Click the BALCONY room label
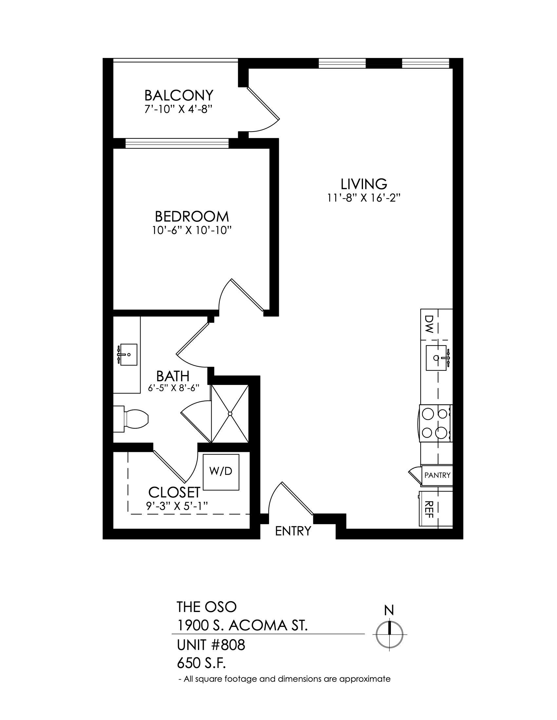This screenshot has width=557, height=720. point(179,96)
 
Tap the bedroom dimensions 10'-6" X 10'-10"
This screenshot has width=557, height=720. point(190,230)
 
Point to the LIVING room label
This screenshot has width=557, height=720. point(364,184)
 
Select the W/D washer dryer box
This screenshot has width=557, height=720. point(221,472)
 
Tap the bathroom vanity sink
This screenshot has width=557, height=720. point(128,355)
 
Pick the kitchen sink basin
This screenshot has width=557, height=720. point(436,358)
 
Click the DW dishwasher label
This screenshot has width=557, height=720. point(429,324)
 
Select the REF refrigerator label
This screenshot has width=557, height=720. point(429,509)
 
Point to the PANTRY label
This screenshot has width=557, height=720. point(437,475)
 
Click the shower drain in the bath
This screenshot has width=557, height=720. point(230,414)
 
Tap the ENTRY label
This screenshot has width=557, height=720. point(293,531)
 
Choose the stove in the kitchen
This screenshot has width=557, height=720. point(435,423)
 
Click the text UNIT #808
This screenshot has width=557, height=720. point(211,645)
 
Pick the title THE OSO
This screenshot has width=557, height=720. point(206,606)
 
